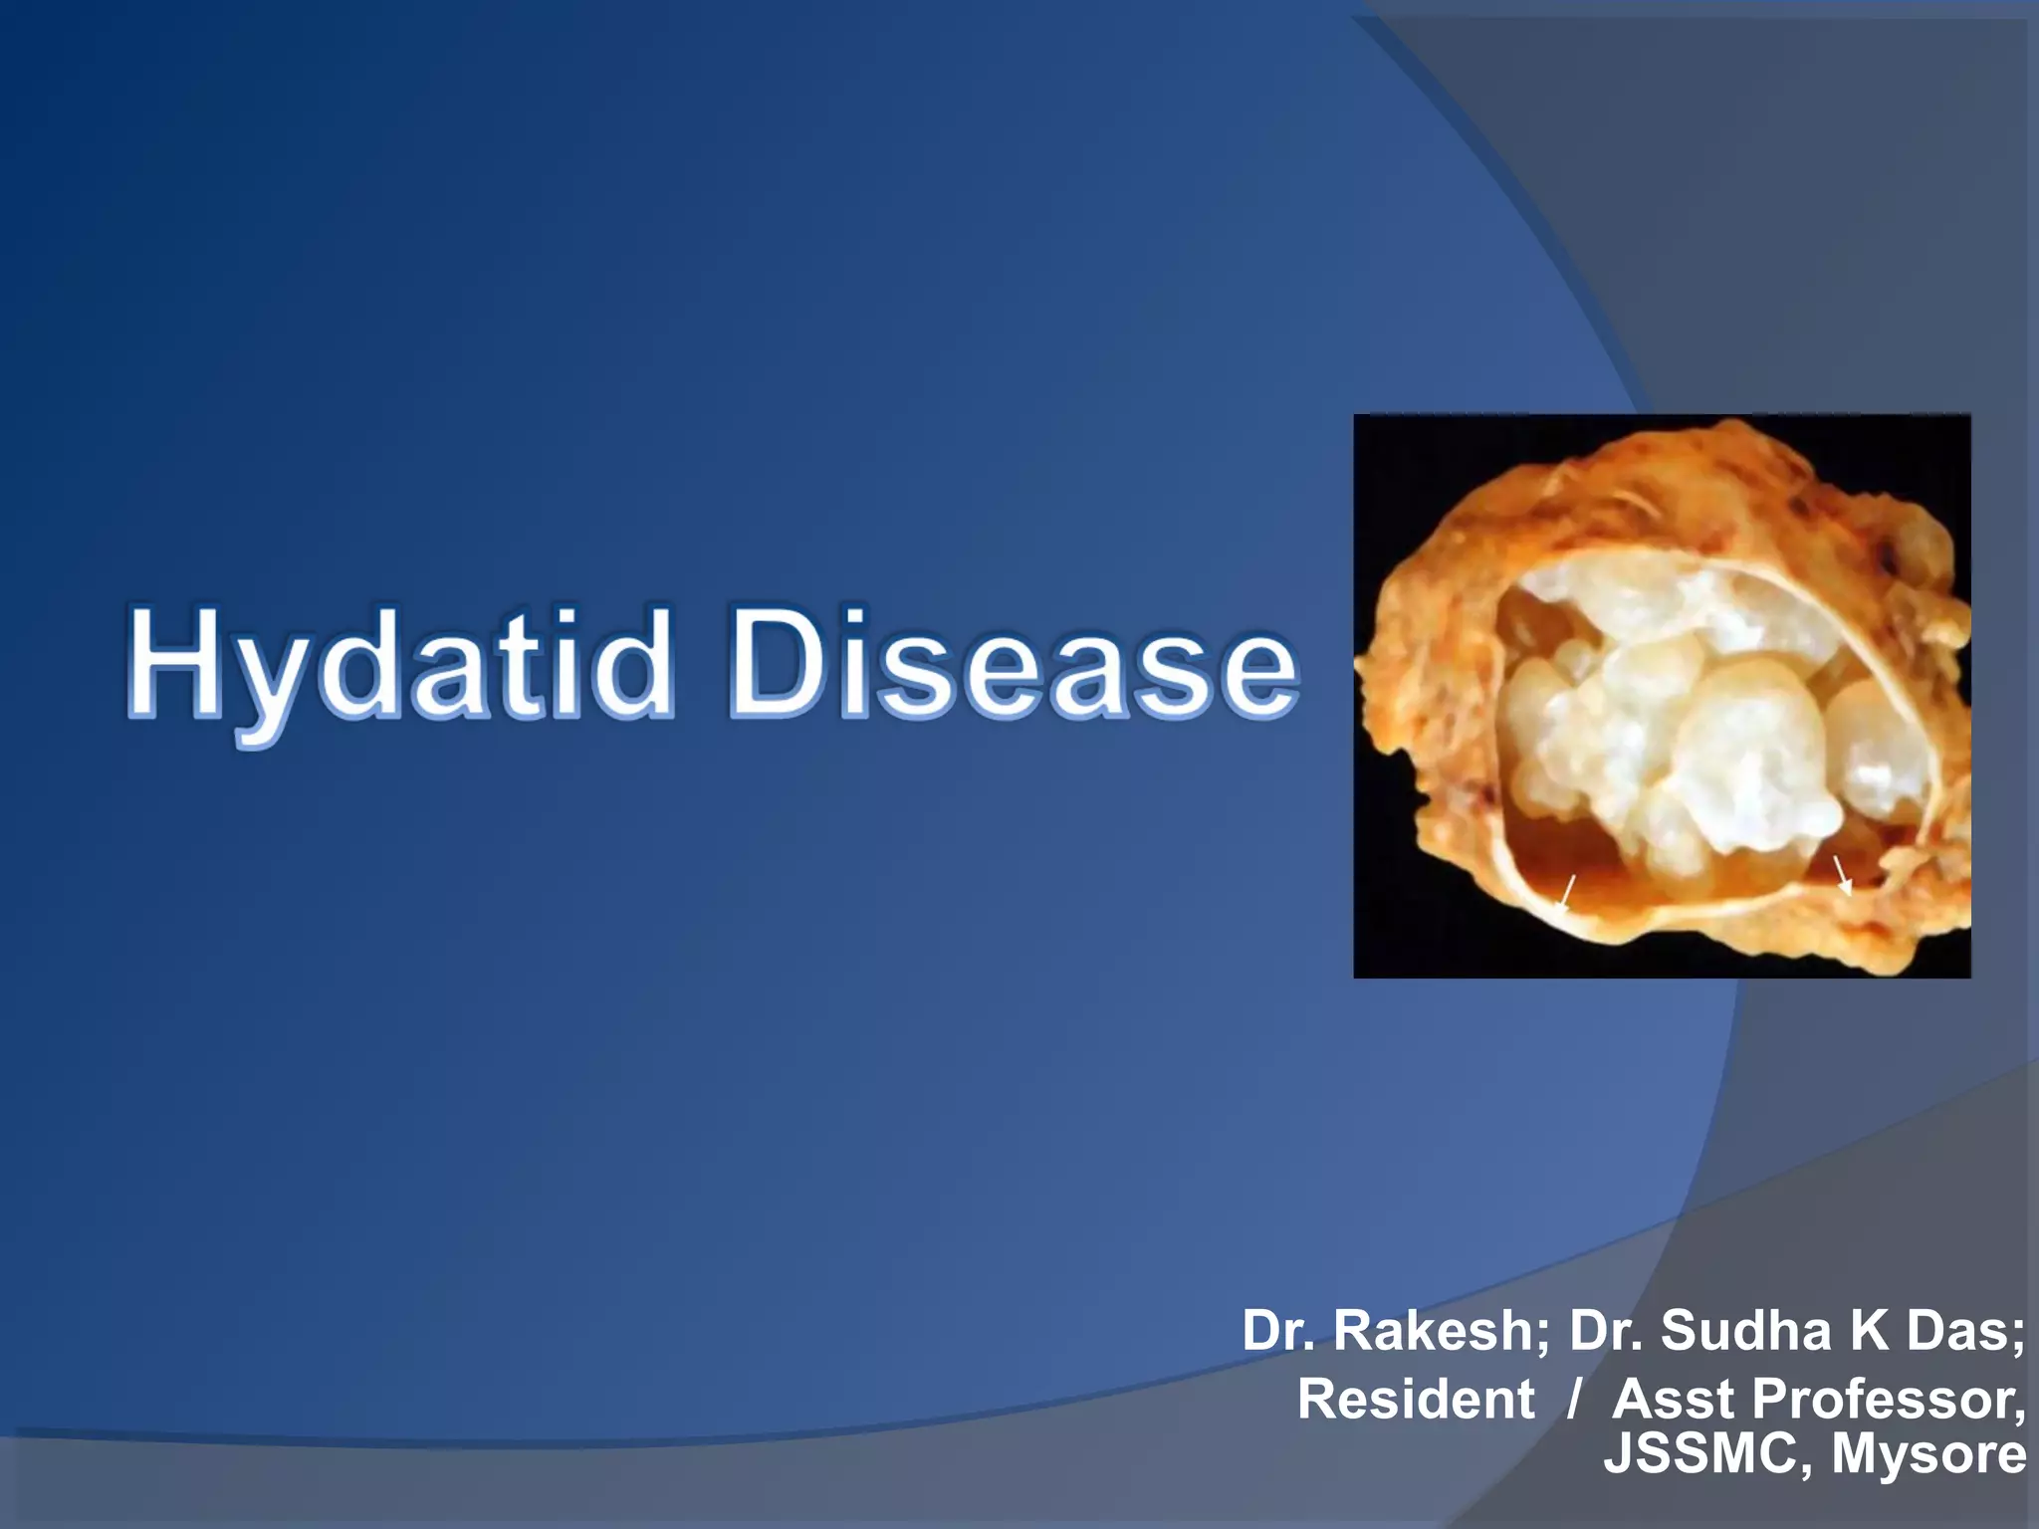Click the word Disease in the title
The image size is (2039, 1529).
(1014, 665)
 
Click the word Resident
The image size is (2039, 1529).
(1415, 1399)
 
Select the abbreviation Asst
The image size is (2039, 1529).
(1673, 1399)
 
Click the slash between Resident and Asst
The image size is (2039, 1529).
(1573, 1399)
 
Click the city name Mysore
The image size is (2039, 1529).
(1928, 1453)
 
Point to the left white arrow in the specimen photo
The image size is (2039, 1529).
(1566, 892)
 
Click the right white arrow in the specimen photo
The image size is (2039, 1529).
(1842, 876)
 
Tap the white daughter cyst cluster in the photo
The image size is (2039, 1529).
(1693, 737)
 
